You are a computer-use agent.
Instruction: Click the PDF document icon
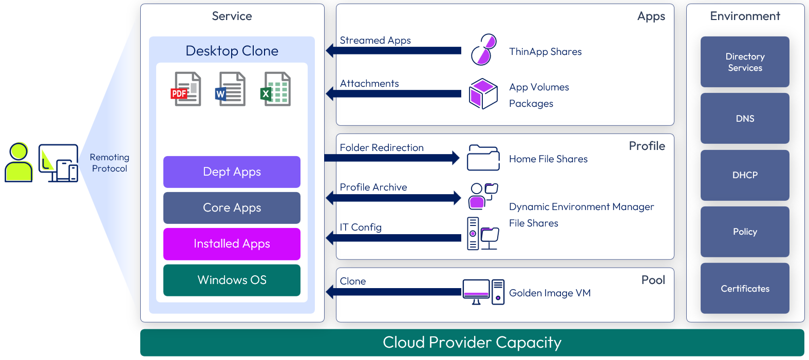[186, 89]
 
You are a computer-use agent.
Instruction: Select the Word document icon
[230, 89]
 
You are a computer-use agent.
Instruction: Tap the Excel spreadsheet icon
[275, 89]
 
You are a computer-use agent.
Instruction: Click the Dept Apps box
[232, 172]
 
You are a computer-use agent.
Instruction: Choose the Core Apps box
[232, 208]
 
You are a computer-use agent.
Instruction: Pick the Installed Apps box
[232, 244]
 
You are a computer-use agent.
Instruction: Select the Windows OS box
[232, 280]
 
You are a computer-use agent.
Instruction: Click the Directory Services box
[745, 62]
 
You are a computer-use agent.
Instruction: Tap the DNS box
[745, 119]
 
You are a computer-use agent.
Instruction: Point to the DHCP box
[745, 175]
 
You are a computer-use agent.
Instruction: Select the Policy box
[745, 232]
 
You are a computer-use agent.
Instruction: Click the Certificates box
[745, 289]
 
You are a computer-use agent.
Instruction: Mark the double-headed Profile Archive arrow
[393, 198]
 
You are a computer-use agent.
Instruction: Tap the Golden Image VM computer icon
[483, 292]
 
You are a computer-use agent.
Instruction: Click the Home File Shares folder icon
[483, 158]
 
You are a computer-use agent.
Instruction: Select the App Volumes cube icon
[483, 93]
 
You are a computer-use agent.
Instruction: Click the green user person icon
[18, 163]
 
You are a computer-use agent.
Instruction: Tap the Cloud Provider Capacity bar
[472, 343]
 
